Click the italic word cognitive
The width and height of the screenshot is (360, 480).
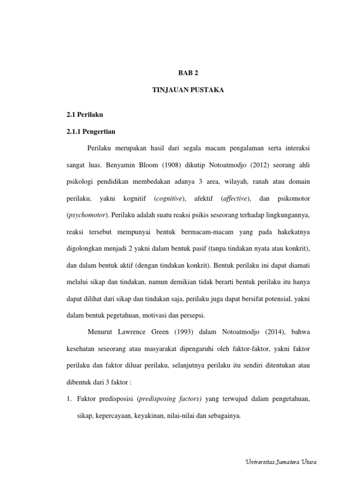coord(169,198)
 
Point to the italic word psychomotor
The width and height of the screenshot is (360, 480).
coord(88,215)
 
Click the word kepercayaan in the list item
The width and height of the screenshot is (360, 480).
coord(113,416)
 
